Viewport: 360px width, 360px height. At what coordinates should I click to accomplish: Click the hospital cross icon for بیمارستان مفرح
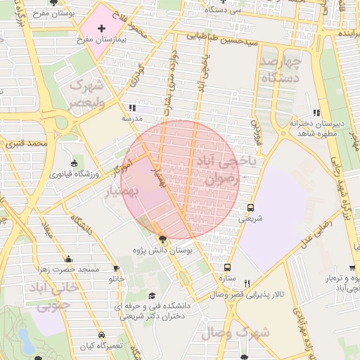click(102, 29)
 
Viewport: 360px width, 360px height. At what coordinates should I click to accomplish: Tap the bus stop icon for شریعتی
click(251, 207)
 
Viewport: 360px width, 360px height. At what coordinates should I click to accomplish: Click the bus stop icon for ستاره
click(227, 268)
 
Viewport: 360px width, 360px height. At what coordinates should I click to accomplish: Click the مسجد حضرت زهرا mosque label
click(68, 270)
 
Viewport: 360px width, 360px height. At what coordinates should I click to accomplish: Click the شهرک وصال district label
click(235, 332)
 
